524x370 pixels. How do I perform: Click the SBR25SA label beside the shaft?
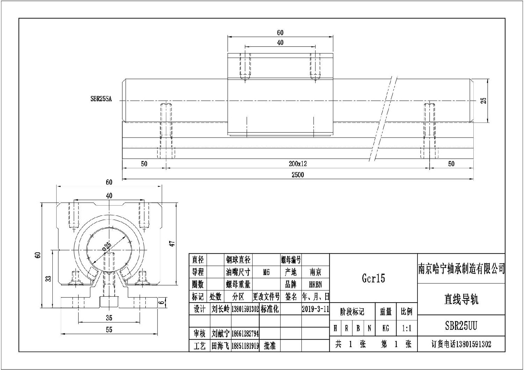pyautogui.click(x=101, y=99)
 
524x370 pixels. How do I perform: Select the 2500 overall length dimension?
pyautogui.click(x=298, y=175)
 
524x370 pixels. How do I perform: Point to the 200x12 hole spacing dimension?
pyautogui.click(x=298, y=164)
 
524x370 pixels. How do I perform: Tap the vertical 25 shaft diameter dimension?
pyautogui.click(x=483, y=101)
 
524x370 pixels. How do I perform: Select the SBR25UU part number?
pyautogui.click(x=461, y=326)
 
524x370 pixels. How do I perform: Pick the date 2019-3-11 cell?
pyautogui.click(x=315, y=309)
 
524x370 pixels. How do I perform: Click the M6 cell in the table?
pyautogui.click(x=266, y=272)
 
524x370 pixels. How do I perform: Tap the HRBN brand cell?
pyautogui.click(x=315, y=284)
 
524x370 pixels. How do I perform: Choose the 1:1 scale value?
pyautogui.click(x=407, y=328)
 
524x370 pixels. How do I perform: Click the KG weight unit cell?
pyautogui.click(x=386, y=328)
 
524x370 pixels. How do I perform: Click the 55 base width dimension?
pyautogui.click(x=109, y=330)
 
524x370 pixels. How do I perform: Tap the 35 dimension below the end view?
pyautogui.click(x=109, y=318)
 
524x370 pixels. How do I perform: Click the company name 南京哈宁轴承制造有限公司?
pyautogui.click(x=461, y=268)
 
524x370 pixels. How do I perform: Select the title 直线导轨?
pyautogui.click(x=461, y=299)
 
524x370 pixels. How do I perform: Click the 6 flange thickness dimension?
pyautogui.click(x=161, y=302)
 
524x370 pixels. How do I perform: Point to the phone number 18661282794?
pyautogui.click(x=245, y=334)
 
